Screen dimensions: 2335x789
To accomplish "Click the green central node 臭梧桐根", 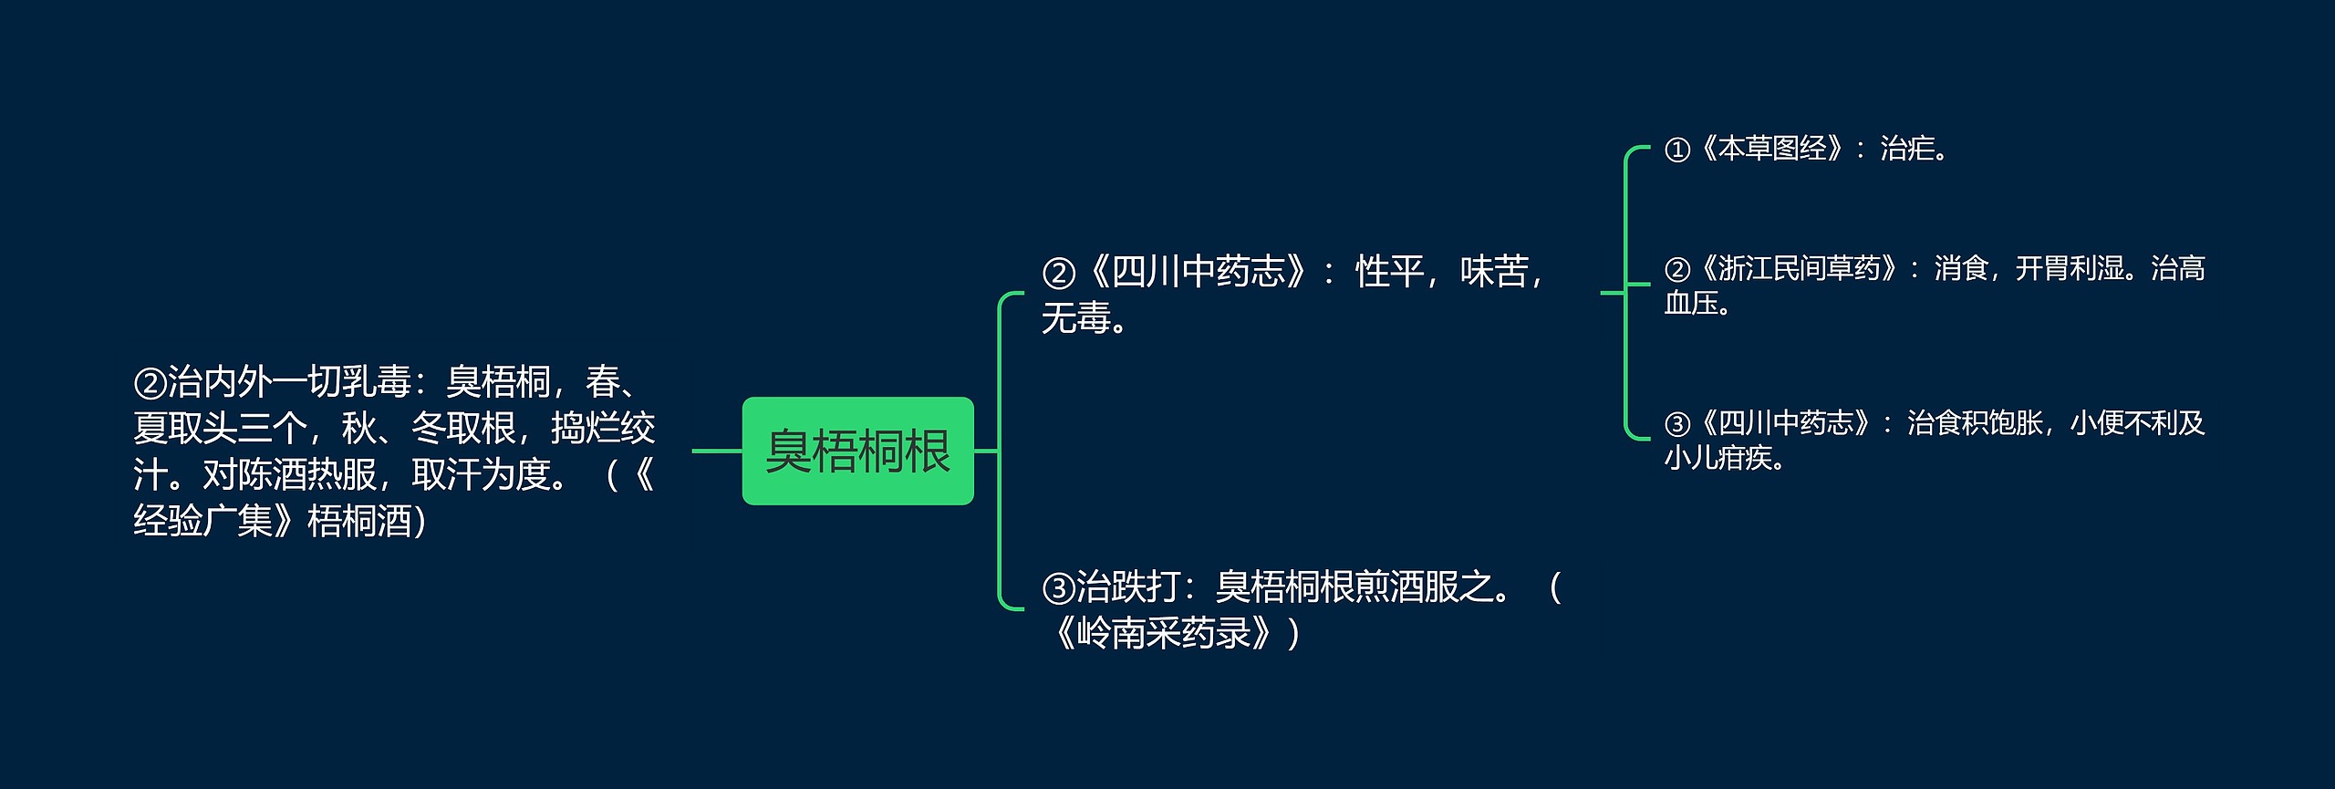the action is [x=857, y=451].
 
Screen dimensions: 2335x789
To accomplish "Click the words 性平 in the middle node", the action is [x=1389, y=272].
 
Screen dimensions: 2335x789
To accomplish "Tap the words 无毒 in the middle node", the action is [x=1076, y=318].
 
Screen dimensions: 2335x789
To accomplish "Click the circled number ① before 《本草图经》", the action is [x=1677, y=150].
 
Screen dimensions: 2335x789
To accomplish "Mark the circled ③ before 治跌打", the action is [x=1058, y=588].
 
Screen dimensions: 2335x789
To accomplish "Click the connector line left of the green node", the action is [x=717, y=451].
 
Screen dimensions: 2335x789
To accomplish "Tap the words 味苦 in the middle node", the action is [x=1494, y=272].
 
